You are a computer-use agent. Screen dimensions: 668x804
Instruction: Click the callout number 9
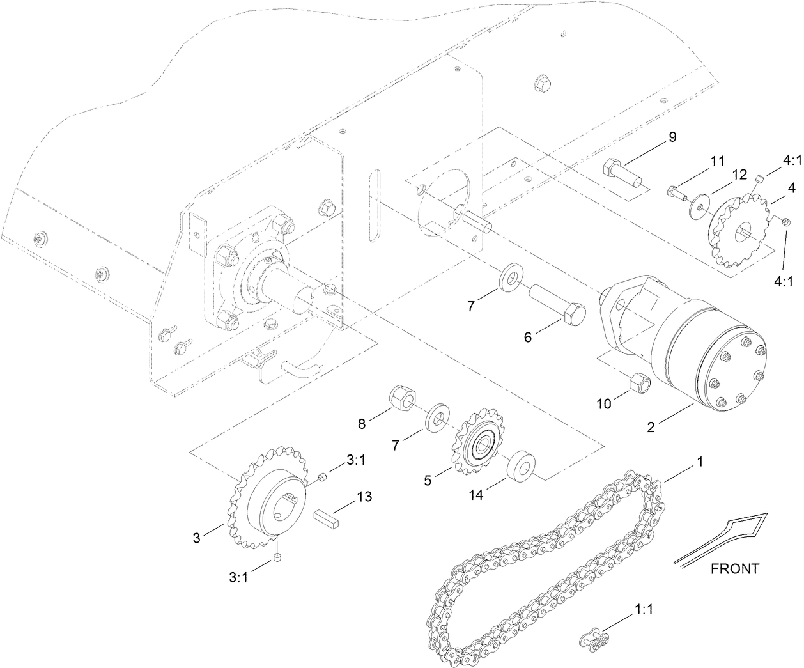[654, 137]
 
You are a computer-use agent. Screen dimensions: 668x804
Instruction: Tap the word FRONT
[735, 568]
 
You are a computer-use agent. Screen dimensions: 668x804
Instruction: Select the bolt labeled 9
[620, 173]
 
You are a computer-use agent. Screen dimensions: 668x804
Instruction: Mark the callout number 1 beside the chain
[700, 460]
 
